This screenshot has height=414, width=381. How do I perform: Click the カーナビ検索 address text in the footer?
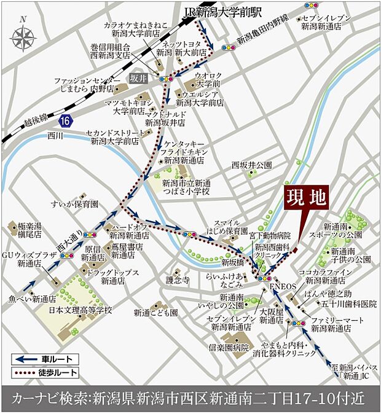pos(190,399)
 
